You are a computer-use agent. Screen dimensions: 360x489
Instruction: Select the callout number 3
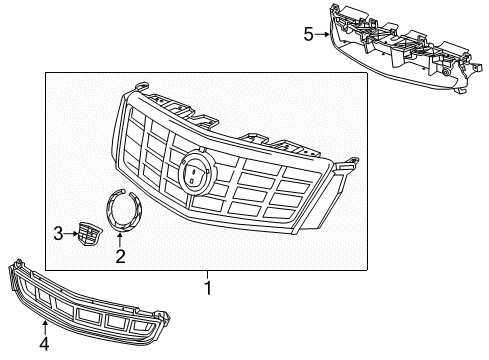click(x=58, y=234)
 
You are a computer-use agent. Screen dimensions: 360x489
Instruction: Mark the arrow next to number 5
click(x=321, y=34)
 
